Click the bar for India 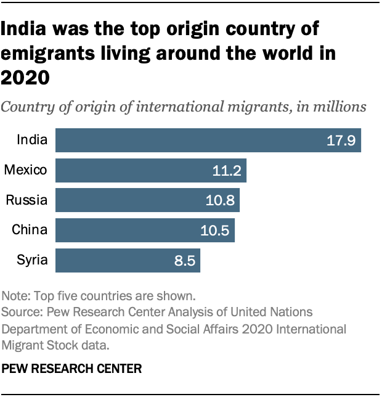pos(208,140)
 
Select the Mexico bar pos(151,170)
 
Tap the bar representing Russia pos(147,200)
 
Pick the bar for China pos(145,230)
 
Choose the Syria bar pos(128,260)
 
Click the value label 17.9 pos(341,141)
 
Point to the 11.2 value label pos(226,171)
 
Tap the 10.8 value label pos(219,201)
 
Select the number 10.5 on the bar pos(214,231)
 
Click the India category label pos(33,140)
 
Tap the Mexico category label pos(26,170)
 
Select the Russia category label pos(26,200)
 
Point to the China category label pos(30,230)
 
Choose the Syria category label pos(32,260)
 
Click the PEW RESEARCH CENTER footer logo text pos(72,369)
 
